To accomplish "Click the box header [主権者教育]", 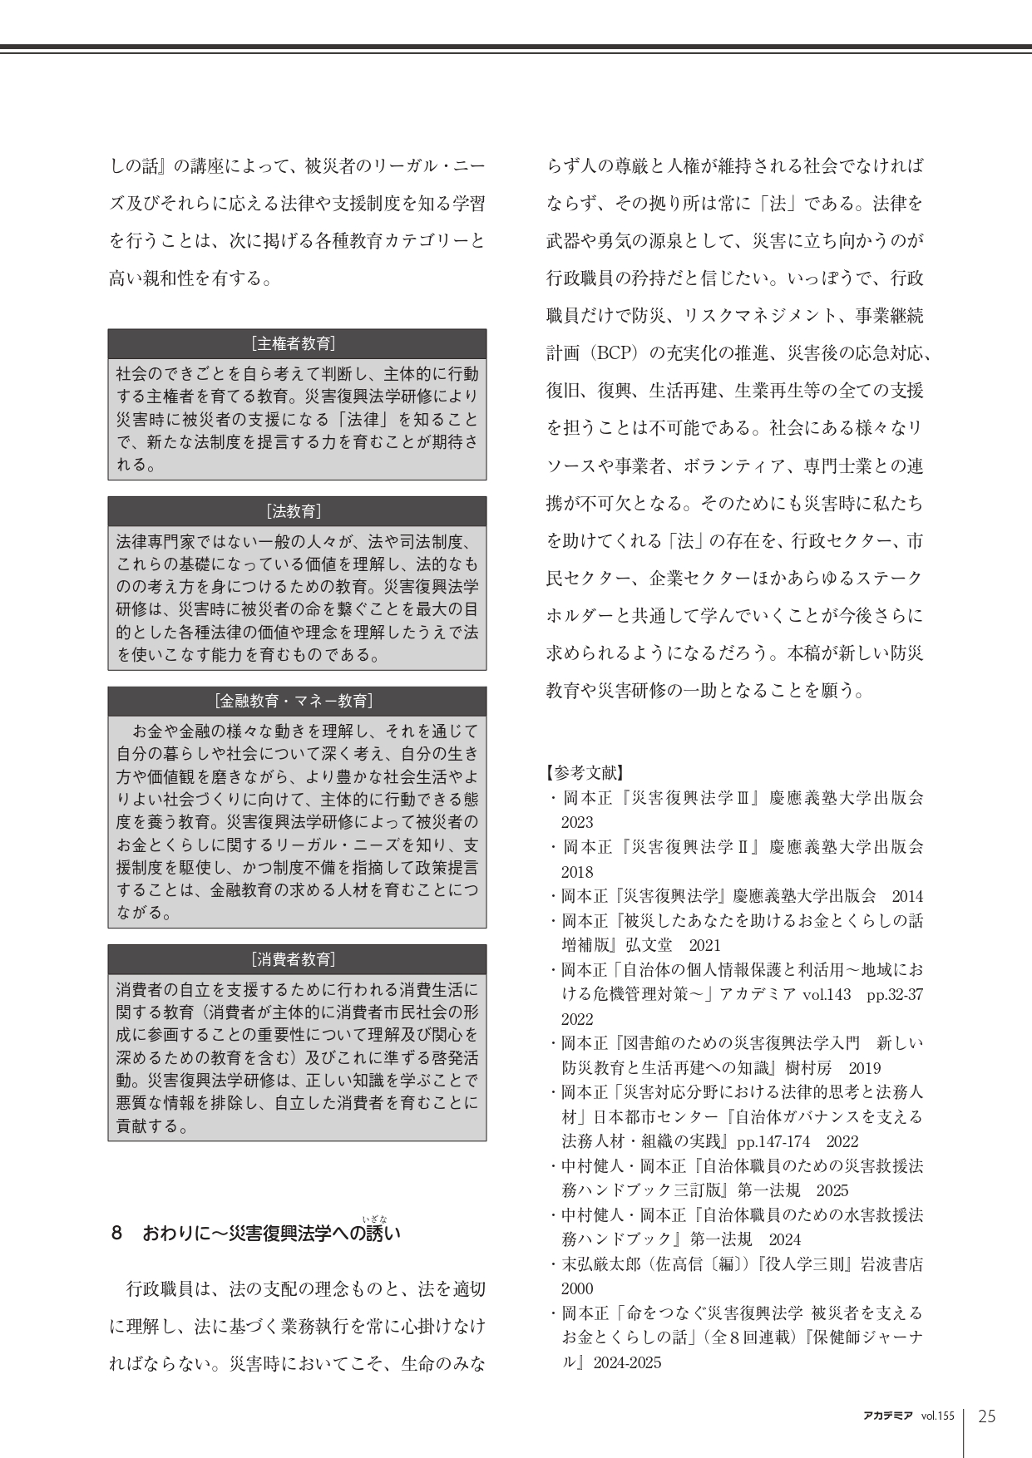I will coord(297,343).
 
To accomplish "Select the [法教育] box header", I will coord(297,511).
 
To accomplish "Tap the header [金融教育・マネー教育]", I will coord(297,701).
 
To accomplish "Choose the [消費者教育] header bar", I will coord(297,959).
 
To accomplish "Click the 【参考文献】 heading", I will coord(585,772).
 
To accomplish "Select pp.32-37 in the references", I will coord(896,994).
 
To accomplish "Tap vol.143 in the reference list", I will coord(827,994).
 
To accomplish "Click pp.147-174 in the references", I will coord(774,1141).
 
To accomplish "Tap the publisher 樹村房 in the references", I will coord(812,1068).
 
